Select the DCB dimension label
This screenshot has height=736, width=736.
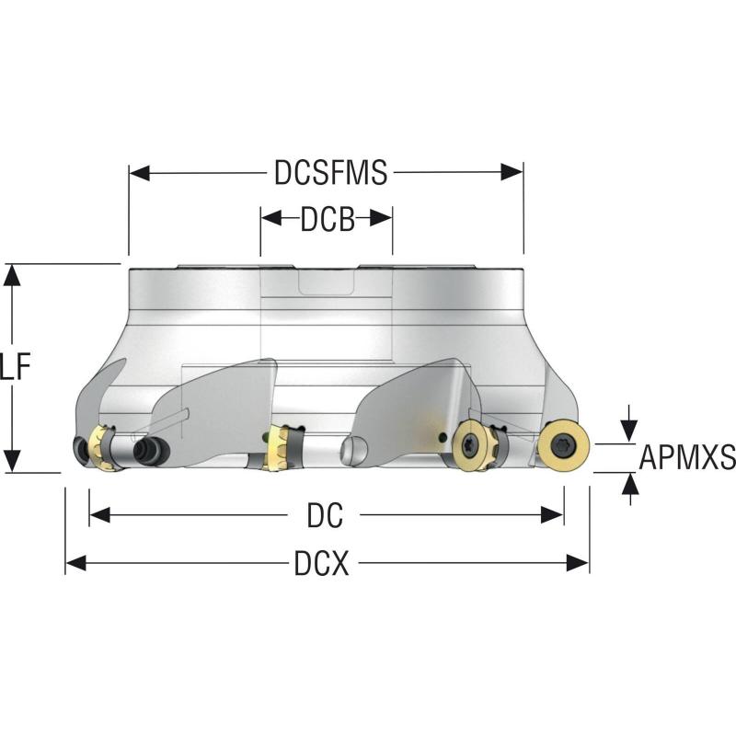327,219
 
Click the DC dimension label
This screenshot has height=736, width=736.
325,516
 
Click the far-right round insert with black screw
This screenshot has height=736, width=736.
563,446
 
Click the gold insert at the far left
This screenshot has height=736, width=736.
104,447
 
